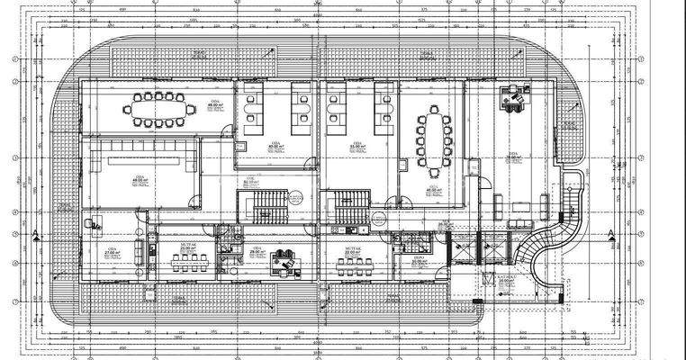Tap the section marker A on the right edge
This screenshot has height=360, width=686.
[x=612, y=236]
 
